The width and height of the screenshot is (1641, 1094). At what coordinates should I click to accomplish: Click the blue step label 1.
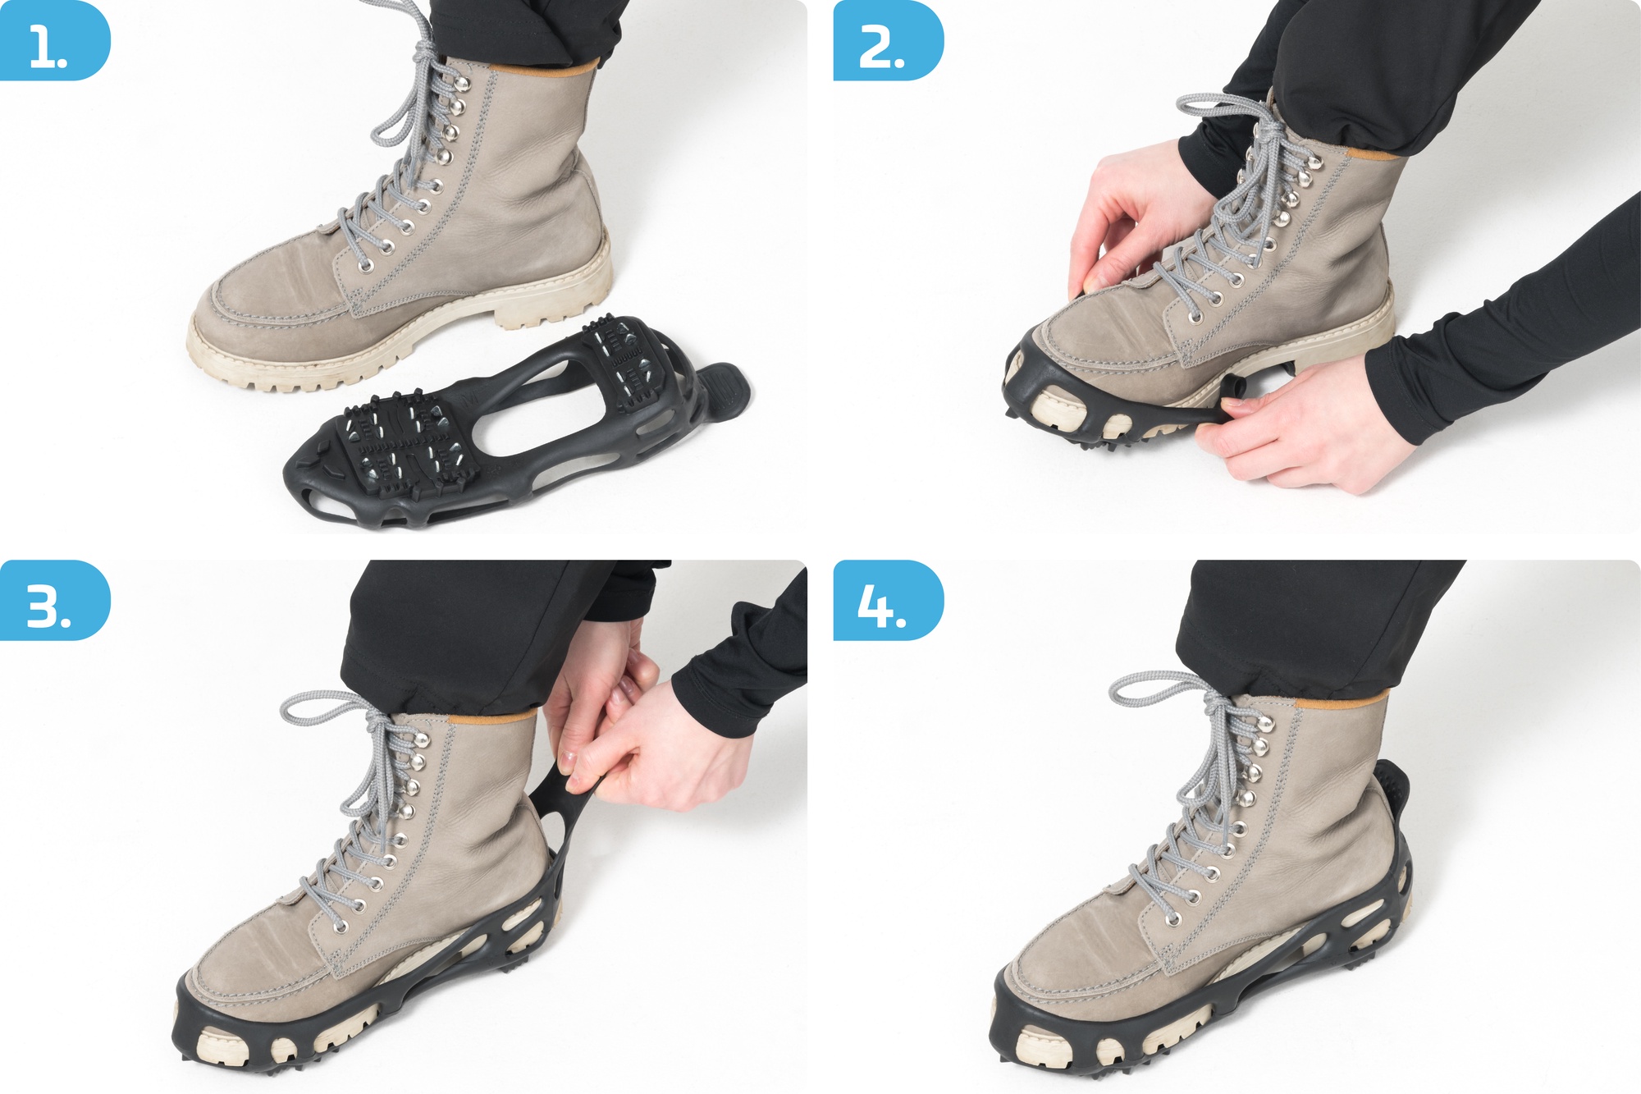click(x=54, y=41)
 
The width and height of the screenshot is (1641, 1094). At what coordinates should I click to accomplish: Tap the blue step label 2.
click(x=888, y=41)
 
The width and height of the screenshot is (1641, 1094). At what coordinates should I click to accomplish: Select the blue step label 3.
click(x=54, y=600)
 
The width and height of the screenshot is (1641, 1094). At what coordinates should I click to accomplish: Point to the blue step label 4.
click(x=888, y=600)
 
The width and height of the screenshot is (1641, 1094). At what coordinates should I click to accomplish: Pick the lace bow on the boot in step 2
click(x=1231, y=115)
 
